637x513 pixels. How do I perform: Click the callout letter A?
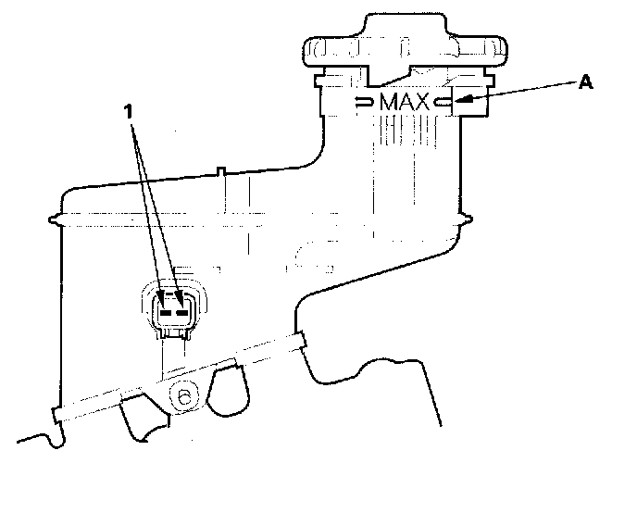(x=585, y=82)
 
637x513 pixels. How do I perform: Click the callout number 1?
(x=129, y=111)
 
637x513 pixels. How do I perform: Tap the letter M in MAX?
(x=388, y=102)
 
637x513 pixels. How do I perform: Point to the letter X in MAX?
(x=421, y=102)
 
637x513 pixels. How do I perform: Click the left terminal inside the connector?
(x=166, y=313)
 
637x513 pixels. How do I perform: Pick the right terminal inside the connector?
(x=181, y=313)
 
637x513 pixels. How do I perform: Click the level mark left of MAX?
(x=364, y=102)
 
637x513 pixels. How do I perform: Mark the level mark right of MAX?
(x=442, y=102)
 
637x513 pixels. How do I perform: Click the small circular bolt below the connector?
(x=184, y=397)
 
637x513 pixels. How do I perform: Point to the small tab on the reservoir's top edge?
(x=220, y=171)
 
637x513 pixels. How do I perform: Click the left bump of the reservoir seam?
(x=54, y=219)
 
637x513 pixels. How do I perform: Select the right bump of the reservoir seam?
(x=467, y=219)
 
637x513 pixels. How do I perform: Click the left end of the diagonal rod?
(x=56, y=415)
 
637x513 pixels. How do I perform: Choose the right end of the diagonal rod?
(x=301, y=341)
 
